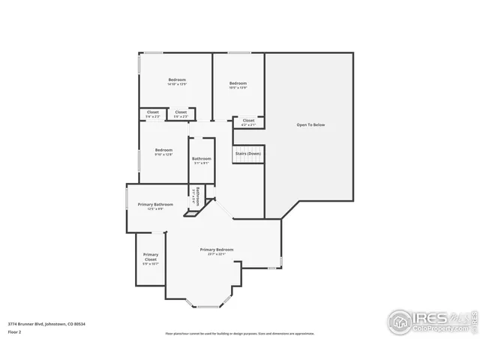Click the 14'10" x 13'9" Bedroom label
click(177, 82)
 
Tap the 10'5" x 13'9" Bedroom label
click(238, 85)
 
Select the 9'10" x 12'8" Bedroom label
click(163, 151)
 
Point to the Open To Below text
click(310, 124)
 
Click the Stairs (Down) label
click(248, 153)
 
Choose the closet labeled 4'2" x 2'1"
click(248, 122)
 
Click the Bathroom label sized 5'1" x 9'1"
click(201, 160)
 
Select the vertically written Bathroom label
click(197, 196)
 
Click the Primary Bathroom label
click(155, 205)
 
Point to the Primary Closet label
click(151, 259)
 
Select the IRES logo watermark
click(430, 321)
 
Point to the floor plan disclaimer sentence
click(239, 334)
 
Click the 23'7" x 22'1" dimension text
click(216, 254)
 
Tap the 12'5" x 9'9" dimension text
click(155, 209)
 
